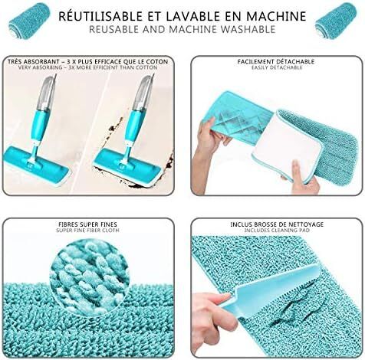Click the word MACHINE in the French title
coord(276,16)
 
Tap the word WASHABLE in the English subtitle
coord(248,29)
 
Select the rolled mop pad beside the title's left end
coord(29,21)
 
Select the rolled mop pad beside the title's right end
coord(336,21)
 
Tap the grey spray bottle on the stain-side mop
coord(144,93)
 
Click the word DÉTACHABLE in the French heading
coord(295,62)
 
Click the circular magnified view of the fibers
coord(89,277)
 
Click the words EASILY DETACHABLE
coord(277,67)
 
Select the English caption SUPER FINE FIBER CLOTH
coord(87,231)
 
